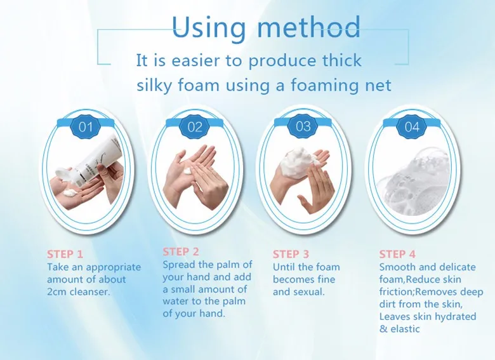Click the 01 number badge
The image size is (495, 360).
[86, 127]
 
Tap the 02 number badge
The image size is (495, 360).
[195, 127]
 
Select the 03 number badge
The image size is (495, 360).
[303, 126]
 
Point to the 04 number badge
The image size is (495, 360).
[412, 127]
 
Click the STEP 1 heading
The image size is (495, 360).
[65, 254]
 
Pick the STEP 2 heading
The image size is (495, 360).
[181, 251]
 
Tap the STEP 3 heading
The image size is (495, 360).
[291, 254]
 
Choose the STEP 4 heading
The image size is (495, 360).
[397, 254]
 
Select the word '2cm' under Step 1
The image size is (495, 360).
[57, 292]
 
